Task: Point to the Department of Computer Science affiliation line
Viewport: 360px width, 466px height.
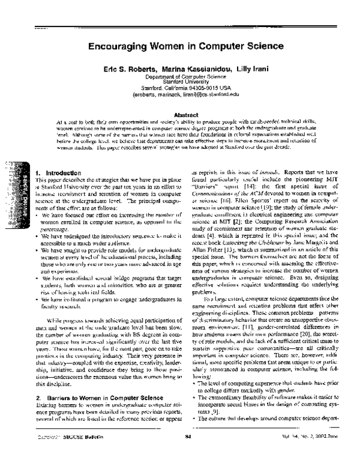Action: pyautogui.click(x=180, y=78)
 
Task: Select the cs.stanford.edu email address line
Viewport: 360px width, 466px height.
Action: pyautogui.click(x=180, y=94)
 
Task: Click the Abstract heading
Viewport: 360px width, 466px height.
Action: pyautogui.click(x=181, y=115)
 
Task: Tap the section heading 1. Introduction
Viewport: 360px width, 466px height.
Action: pyautogui.click(x=58, y=172)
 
